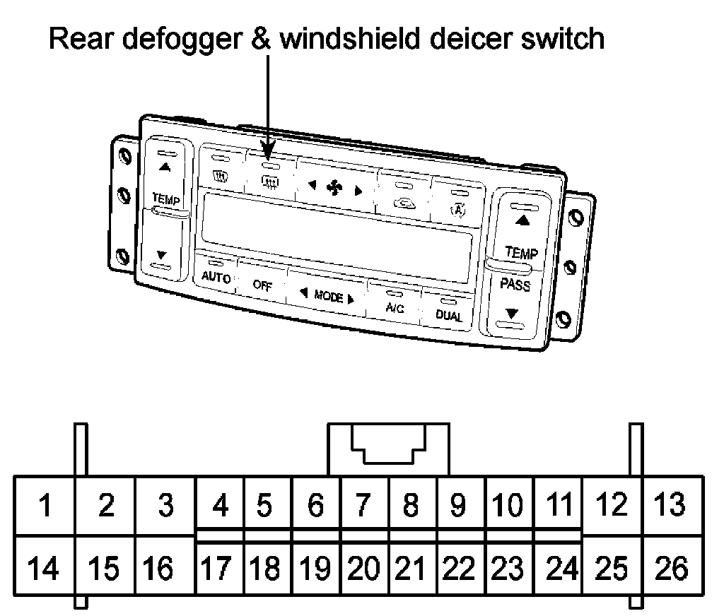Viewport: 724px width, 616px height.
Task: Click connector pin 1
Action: [45, 506]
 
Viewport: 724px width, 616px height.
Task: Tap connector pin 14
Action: [45, 568]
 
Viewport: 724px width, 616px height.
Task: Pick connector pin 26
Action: [671, 568]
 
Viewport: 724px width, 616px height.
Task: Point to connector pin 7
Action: [363, 506]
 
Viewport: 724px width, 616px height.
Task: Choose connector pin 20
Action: [363, 568]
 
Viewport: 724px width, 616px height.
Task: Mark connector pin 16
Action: [158, 568]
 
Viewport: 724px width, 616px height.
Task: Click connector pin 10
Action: [508, 506]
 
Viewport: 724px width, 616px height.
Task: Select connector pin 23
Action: [508, 568]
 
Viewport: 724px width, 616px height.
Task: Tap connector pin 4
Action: [221, 506]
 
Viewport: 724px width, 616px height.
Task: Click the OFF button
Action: [262, 286]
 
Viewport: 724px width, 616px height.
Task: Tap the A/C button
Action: [395, 307]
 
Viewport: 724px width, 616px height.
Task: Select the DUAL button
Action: [449, 316]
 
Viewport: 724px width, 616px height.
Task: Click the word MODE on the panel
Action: [328, 297]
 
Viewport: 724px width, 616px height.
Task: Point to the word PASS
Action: [515, 285]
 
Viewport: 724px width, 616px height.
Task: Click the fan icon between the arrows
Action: [332, 189]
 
